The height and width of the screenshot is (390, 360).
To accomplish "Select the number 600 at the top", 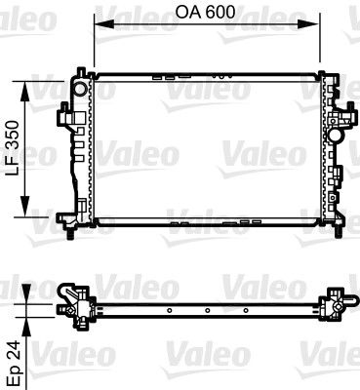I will pyautogui.click(x=221, y=14).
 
